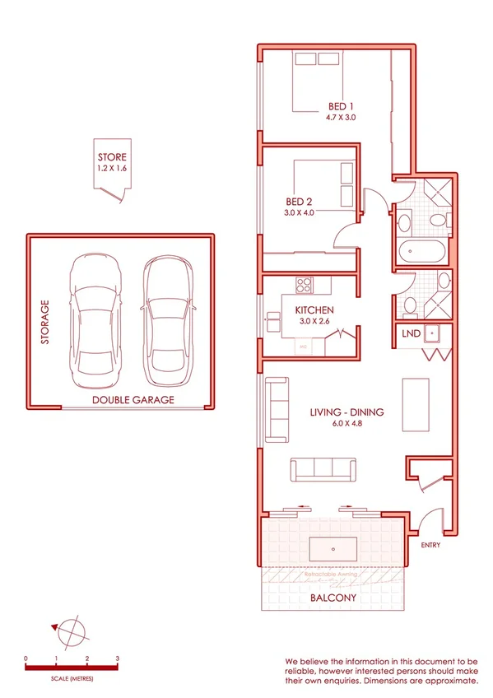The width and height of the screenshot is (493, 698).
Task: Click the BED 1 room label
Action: pos(341,106)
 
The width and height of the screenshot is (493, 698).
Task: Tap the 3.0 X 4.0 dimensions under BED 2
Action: pos(300,212)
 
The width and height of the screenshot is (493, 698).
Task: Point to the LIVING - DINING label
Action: pos(346,412)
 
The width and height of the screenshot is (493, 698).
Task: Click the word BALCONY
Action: pos(334,598)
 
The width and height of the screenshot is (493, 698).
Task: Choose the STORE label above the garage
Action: pos(113,156)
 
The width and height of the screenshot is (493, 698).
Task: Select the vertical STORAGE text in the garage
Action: pos(45,322)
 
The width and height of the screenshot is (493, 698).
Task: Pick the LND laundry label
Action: pos(410,334)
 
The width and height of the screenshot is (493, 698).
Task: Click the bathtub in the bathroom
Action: pos(421,250)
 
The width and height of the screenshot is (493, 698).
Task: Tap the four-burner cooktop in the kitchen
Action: pos(303,286)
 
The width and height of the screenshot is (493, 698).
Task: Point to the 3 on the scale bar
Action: pos(118,659)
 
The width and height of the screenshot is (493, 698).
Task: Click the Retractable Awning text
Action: pos(332,573)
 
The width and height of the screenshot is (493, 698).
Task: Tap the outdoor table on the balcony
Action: pos(333,547)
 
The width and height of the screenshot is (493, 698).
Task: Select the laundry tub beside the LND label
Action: pos(437,334)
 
